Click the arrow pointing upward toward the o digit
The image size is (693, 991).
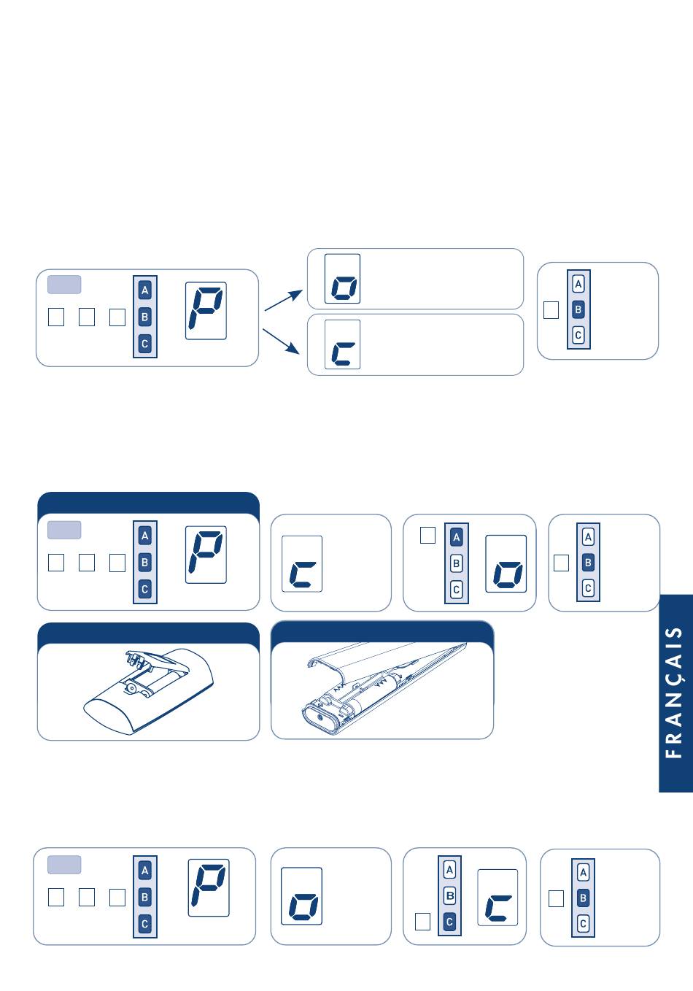click(284, 301)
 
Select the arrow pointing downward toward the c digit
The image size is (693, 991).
click(282, 341)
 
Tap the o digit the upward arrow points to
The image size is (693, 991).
click(344, 288)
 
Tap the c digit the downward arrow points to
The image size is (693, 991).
click(343, 354)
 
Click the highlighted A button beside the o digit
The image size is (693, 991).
click(457, 538)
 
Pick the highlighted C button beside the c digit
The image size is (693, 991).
click(449, 922)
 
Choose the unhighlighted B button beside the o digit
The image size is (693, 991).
click(457, 563)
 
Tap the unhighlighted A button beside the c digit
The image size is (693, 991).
click(449, 870)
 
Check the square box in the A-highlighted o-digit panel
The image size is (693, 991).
click(427, 536)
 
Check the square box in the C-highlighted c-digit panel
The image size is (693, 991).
click(422, 922)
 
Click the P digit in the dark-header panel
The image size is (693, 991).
click(206, 553)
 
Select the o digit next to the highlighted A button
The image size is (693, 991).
click(506, 574)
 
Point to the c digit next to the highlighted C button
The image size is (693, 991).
click(498, 908)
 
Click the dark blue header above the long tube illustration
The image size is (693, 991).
click(382, 632)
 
